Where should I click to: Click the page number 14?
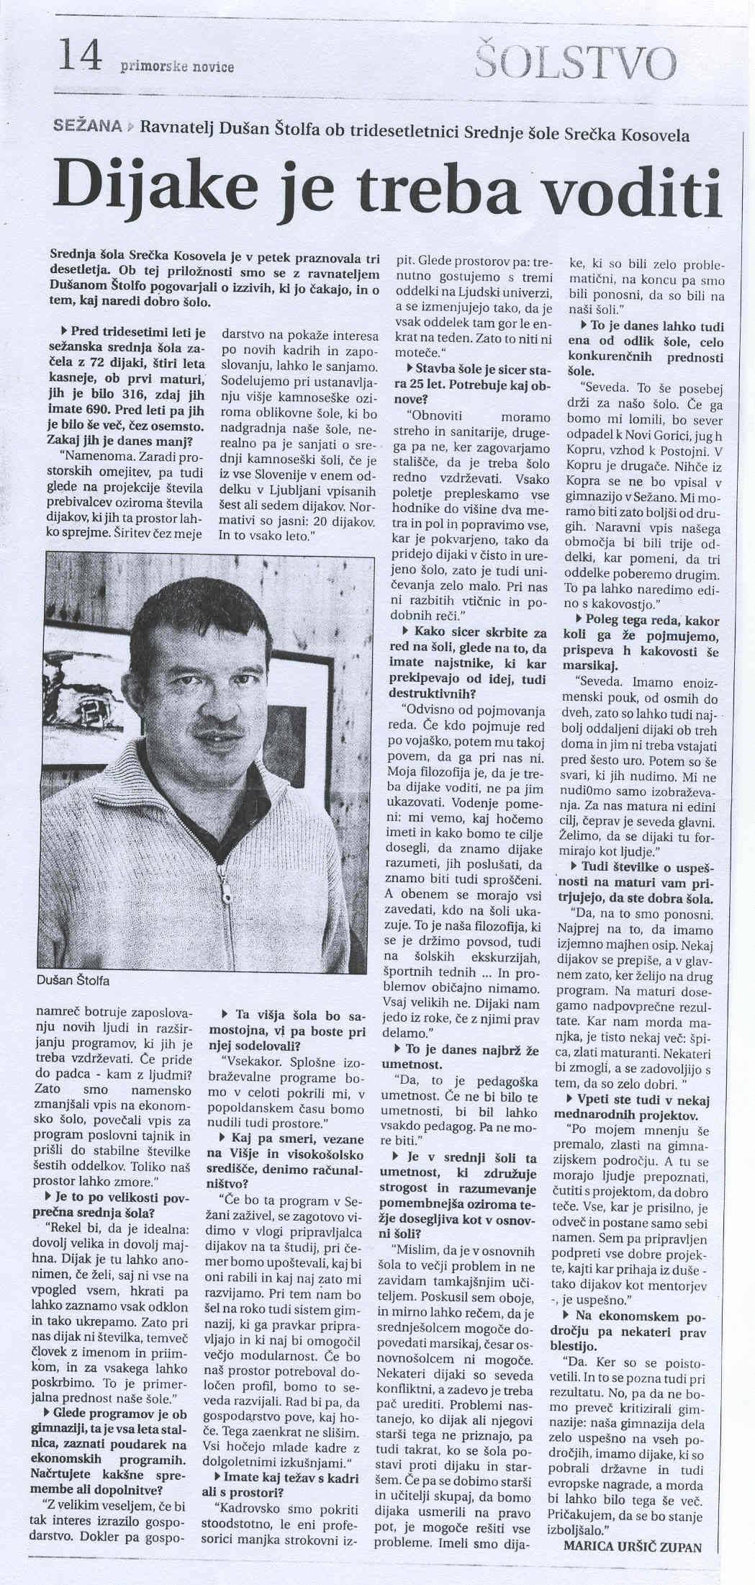[81, 57]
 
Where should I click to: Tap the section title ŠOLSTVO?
[576, 63]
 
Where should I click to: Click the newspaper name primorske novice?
[178, 67]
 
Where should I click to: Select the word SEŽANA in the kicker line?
[87, 126]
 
